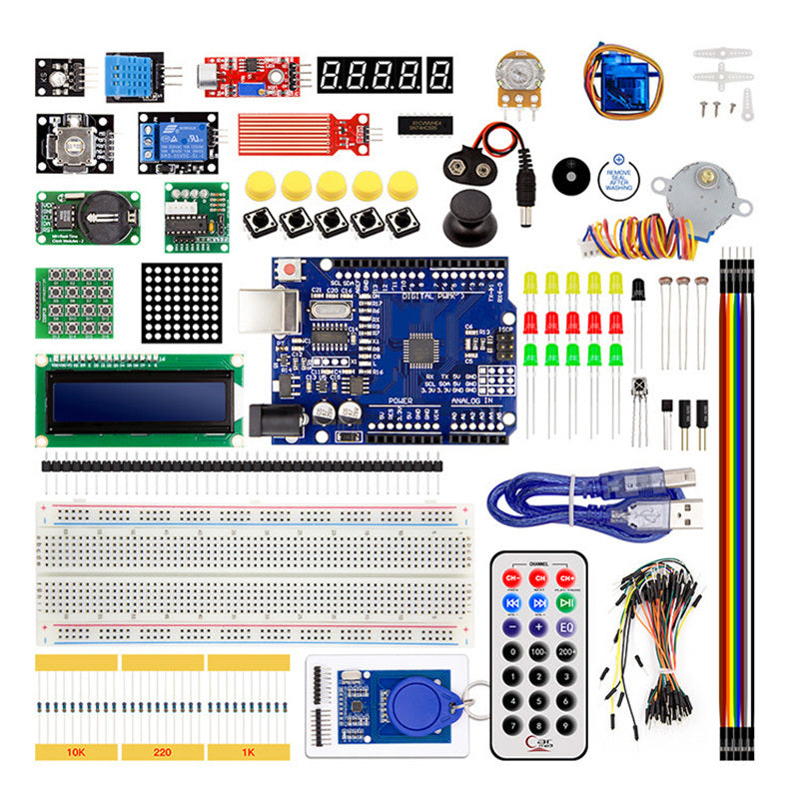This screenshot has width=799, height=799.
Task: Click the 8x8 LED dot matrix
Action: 180,303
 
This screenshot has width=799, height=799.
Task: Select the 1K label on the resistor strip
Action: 247,750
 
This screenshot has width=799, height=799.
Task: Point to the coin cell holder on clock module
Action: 101,213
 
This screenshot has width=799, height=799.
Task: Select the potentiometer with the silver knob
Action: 516,76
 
